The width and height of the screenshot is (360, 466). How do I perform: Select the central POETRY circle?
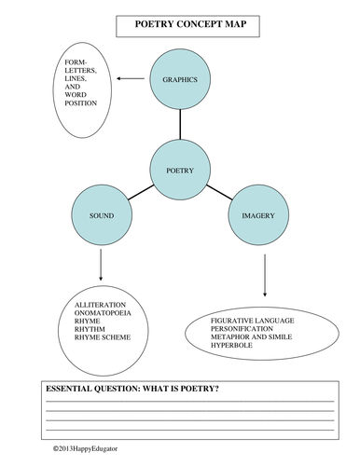(x=179, y=171)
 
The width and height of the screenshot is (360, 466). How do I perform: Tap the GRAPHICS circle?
(x=179, y=80)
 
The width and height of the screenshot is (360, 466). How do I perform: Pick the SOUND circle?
(x=105, y=216)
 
